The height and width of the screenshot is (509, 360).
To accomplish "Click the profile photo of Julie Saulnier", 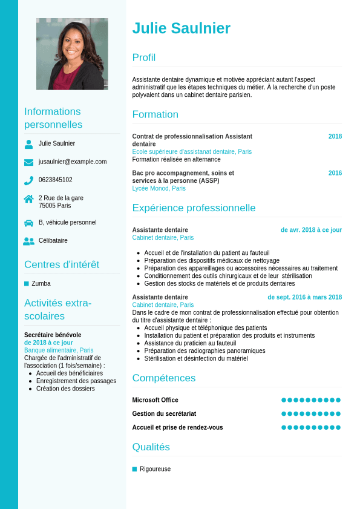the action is tap(72, 54).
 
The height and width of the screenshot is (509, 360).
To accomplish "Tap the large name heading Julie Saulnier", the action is tap(181, 28).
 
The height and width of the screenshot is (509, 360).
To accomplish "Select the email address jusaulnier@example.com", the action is tap(73, 162).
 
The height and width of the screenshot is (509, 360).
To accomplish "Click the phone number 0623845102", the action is tap(55, 180).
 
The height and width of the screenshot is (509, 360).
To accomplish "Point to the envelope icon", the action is tap(28, 162).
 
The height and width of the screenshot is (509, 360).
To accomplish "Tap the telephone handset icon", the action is tap(28, 180).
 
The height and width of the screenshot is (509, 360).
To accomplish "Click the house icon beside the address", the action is tap(28, 199).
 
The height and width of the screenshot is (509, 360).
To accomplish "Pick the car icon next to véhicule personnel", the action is tap(28, 223).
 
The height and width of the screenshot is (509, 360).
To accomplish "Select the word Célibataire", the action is tap(53, 240).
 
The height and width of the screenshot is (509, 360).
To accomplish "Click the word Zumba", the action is tap(41, 283).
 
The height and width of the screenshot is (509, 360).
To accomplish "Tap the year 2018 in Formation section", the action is tap(335, 136).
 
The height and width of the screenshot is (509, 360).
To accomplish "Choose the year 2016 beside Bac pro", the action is tap(335, 173).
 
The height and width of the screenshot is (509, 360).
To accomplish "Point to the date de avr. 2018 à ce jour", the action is tap(311, 230).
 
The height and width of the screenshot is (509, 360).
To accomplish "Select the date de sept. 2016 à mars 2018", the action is tap(304, 297).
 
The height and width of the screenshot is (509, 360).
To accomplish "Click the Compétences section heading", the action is tap(164, 378).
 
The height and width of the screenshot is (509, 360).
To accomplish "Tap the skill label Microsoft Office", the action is tap(155, 400).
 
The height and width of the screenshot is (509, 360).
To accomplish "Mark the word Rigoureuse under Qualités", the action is tap(155, 469).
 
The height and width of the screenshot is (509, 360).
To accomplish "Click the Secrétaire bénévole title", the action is tap(53, 335).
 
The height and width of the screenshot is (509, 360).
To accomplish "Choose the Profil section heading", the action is tap(144, 57).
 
